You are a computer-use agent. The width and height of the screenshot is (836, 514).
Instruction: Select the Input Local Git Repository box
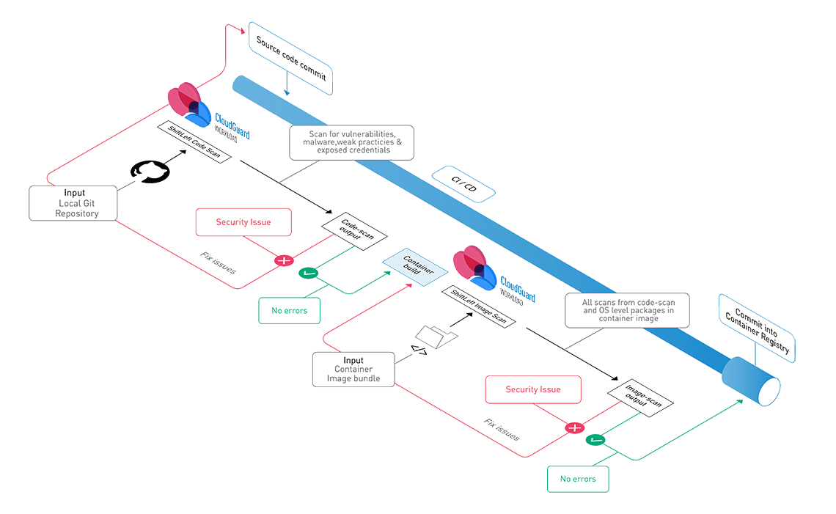click(74, 203)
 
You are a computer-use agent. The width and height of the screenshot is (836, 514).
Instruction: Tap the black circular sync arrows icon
click(150, 170)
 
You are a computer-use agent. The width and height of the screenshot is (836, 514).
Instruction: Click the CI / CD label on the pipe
click(463, 184)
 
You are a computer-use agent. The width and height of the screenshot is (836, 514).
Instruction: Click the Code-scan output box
click(354, 232)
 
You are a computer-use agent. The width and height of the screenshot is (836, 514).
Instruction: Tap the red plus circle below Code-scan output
click(282, 260)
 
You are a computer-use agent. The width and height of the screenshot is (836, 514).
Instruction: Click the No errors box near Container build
click(289, 311)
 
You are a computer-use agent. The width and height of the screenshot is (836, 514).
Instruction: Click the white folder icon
click(436, 336)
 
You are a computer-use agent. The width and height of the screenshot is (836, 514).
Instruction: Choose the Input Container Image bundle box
click(353, 370)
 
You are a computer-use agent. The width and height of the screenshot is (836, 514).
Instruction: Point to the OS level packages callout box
click(626, 310)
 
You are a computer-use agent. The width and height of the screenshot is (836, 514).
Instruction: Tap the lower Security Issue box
click(533, 389)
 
